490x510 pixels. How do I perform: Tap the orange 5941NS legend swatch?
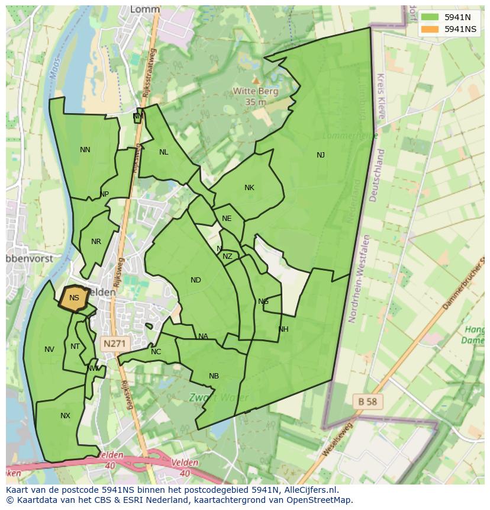[x=430, y=29]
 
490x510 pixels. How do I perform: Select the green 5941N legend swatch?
[x=430, y=17]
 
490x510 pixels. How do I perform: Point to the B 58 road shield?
[x=367, y=402]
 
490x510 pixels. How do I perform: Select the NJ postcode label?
[x=321, y=155]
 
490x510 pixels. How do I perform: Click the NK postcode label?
[x=249, y=188]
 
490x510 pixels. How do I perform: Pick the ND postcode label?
[x=196, y=280]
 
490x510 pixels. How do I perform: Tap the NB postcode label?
[x=214, y=376]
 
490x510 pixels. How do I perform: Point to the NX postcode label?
[x=65, y=416]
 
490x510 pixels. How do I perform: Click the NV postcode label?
[x=49, y=349]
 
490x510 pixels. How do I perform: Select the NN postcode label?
[x=85, y=150]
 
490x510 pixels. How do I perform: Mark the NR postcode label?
[x=96, y=242]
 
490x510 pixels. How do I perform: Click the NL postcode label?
[x=164, y=152]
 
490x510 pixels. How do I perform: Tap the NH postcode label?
[x=283, y=329]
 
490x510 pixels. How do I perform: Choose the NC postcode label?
[x=156, y=352]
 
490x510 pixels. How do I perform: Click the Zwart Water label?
[x=219, y=397]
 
